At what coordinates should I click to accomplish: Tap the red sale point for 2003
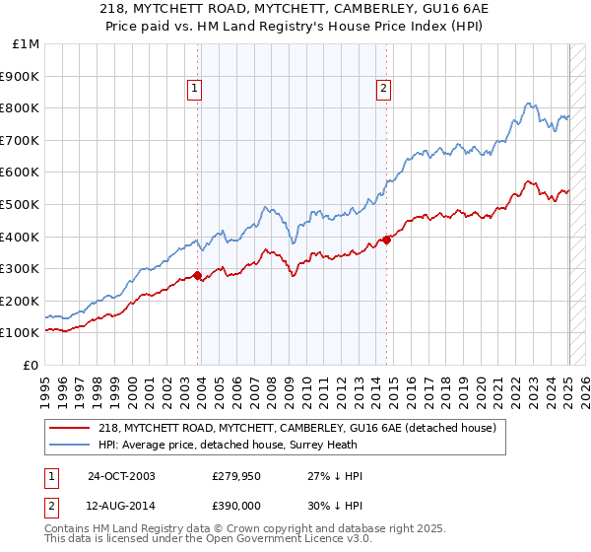(x=198, y=275)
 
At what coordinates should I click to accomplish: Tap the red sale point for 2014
(x=387, y=239)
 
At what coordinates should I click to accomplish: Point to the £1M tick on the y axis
(x=27, y=44)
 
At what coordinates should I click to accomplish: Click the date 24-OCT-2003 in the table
(x=121, y=476)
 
